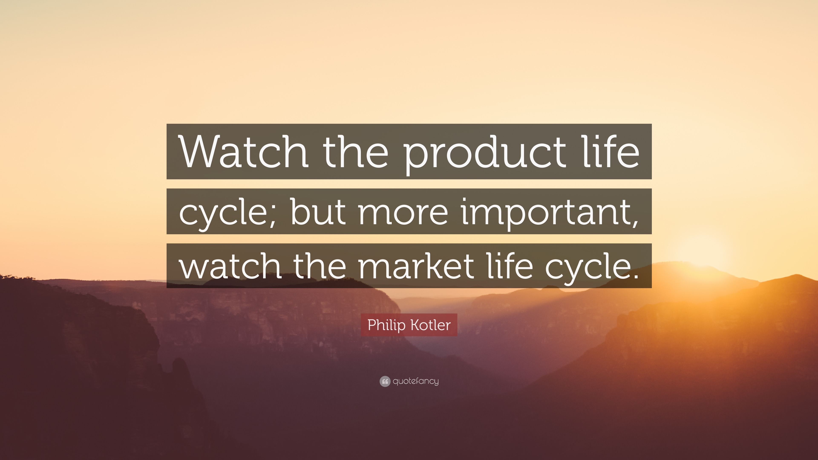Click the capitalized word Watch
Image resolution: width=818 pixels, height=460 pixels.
[x=243, y=151]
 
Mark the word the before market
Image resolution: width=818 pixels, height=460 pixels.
[x=321, y=264]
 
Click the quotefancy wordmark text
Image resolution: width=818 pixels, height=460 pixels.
[x=416, y=381]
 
